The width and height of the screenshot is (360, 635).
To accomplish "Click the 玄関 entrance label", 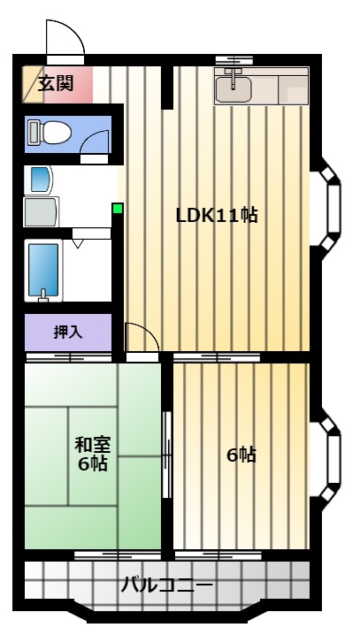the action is coord(56,84).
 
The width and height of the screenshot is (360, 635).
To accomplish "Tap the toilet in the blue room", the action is coord(50,133).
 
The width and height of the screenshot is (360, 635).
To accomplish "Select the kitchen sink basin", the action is coord(233,89).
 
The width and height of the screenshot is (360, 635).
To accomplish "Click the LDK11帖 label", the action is coord(217,215).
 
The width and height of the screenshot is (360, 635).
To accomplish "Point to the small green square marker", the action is coord(118,209).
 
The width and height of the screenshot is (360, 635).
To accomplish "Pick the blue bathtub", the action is coord(43,270).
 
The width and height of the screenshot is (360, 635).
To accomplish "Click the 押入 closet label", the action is coord(68,332).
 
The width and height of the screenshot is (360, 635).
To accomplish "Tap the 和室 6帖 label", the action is coord(92,454).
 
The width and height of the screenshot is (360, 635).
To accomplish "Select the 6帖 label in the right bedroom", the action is coord(241,455).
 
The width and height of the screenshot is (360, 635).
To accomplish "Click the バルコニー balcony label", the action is coord(167,585).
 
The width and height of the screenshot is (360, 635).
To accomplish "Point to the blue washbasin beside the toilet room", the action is coord(42,180).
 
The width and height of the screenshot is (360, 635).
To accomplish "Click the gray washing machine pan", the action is coord(42,211).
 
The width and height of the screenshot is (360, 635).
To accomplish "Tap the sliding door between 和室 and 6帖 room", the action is coord(166,455).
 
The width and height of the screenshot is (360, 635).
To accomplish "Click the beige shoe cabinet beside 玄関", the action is coord(33,85).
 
